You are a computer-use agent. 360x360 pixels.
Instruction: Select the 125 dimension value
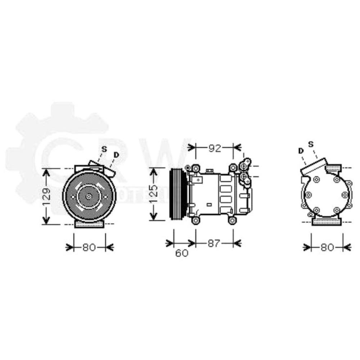153,194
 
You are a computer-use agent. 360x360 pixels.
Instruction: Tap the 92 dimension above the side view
214,148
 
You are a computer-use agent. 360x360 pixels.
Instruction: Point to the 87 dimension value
213,244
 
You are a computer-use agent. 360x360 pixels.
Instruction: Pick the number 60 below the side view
182,253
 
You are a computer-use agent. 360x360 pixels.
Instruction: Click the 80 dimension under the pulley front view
89,247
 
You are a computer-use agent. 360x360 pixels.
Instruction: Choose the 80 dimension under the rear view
327,247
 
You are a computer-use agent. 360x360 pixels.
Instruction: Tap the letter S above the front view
104,149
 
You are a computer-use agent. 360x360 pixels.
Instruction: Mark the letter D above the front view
116,155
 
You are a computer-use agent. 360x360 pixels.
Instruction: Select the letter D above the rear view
301,150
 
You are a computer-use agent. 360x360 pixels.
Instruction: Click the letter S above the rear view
311,144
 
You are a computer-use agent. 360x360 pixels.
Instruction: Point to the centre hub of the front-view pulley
89,197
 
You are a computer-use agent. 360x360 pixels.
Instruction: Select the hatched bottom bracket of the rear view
326,221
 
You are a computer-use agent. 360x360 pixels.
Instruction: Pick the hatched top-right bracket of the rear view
333,168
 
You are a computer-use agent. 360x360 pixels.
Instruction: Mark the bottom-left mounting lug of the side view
195,220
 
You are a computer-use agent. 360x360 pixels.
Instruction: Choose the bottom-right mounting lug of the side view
232,220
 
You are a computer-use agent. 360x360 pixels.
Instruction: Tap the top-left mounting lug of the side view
195,168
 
